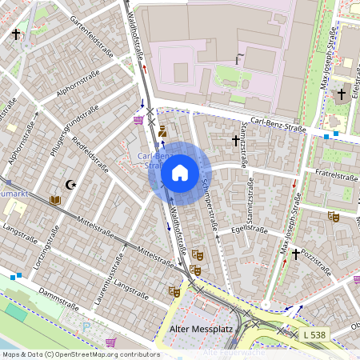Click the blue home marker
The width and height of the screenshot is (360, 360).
pos(180,172)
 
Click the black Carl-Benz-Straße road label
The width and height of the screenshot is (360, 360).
pos(279,122)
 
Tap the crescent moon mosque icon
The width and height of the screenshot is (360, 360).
pos(71,184)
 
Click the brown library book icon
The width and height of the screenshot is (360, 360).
pos(54,200)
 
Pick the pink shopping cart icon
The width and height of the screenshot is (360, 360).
pos(139,120)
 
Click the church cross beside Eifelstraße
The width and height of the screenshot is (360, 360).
pos(342,94)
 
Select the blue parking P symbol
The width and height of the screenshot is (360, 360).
pos(86,326)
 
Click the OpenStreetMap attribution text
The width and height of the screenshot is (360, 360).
pos(80,354)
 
